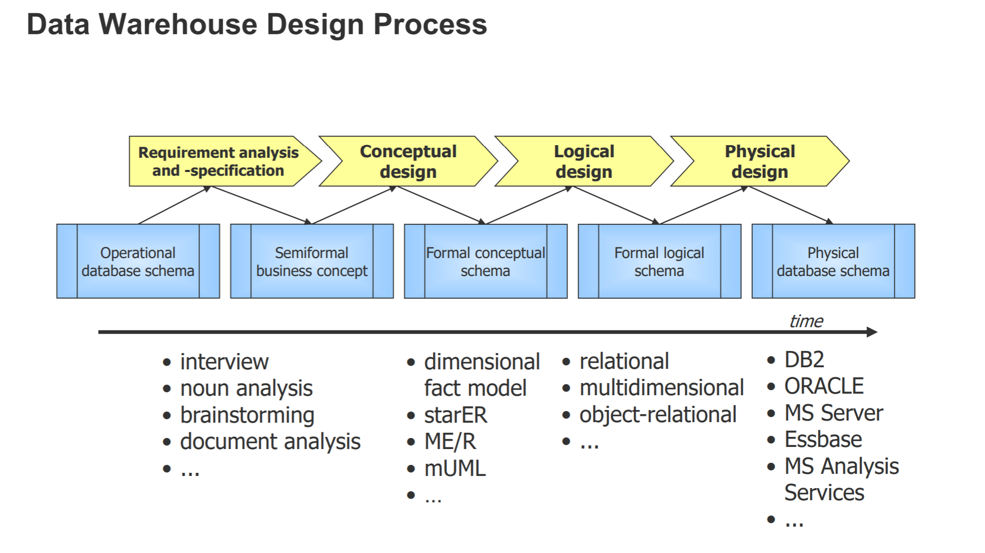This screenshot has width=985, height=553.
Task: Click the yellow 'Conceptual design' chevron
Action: click(x=408, y=161)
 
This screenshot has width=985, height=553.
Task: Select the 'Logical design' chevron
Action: click(x=584, y=161)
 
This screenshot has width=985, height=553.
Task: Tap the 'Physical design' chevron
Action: click(x=760, y=161)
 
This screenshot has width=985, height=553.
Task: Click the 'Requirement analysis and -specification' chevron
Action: click(x=219, y=161)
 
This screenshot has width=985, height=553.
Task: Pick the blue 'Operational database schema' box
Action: click(x=138, y=262)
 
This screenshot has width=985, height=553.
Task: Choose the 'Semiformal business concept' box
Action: click(x=311, y=262)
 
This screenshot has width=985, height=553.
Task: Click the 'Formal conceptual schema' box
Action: click(x=485, y=262)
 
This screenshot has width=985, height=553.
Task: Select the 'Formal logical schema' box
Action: click(x=659, y=262)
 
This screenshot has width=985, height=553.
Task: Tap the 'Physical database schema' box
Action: click(x=833, y=262)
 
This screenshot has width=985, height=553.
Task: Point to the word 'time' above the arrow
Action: click(x=806, y=321)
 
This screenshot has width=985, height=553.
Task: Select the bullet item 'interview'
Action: click(x=224, y=362)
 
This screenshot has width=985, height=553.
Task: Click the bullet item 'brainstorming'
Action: click(x=247, y=415)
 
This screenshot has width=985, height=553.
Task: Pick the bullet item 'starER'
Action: click(x=456, y=415)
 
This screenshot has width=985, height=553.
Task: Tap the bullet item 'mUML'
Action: click(x=454, y=469)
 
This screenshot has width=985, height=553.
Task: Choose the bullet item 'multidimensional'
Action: click(x=661, y=388)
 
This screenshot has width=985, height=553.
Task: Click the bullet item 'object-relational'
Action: click(x=658, y=415)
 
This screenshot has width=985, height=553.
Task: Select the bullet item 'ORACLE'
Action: click(x=823, y=386)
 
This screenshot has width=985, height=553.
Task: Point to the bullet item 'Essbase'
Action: click(x=823, y=440)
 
